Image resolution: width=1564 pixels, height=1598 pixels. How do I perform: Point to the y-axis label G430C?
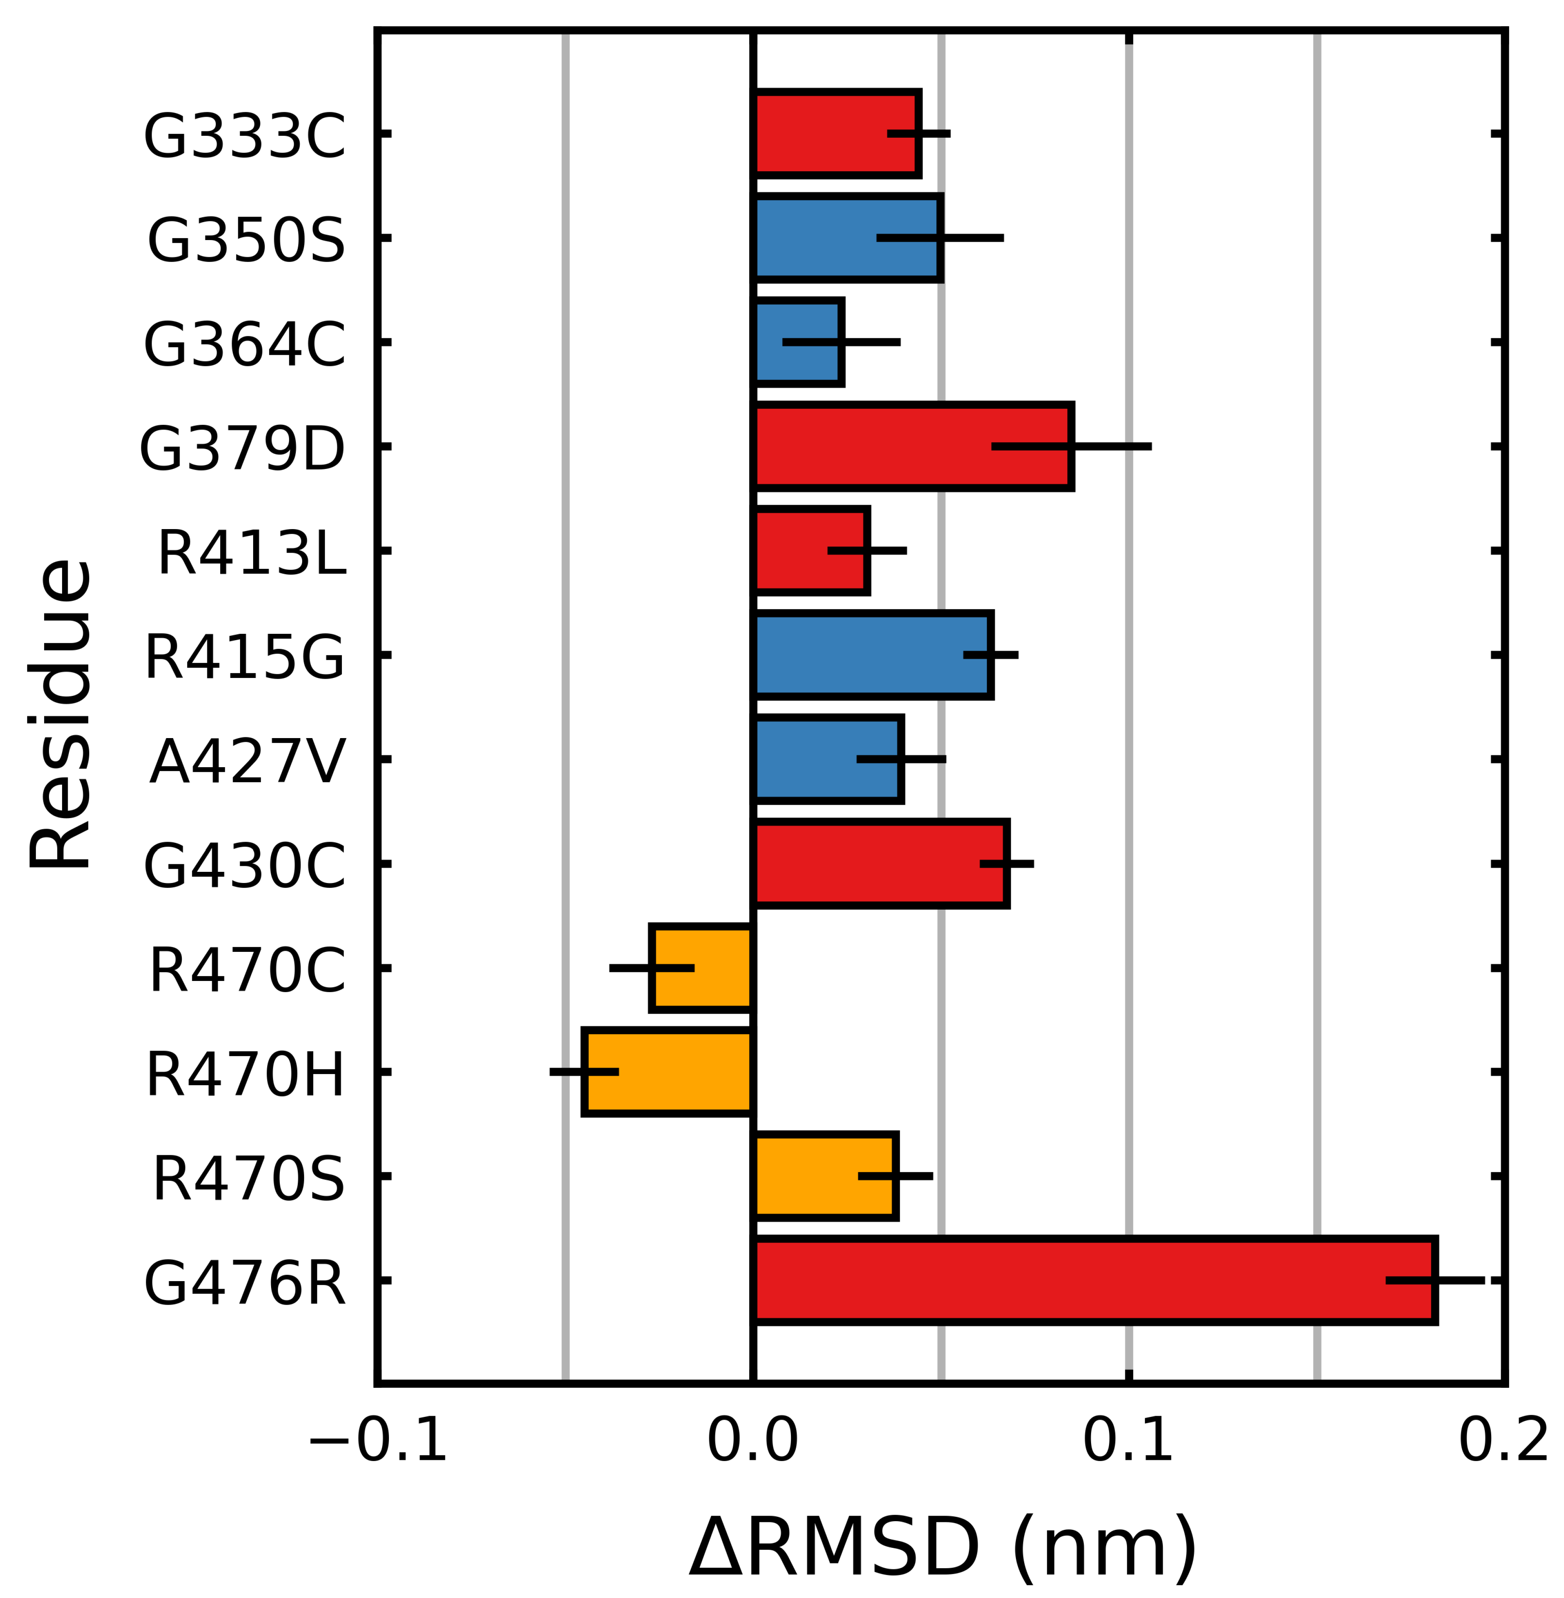point(244,867)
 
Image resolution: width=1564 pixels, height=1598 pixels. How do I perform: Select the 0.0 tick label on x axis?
point(752,1441)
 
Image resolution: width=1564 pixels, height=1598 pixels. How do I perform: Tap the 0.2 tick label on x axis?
point(1503,1441)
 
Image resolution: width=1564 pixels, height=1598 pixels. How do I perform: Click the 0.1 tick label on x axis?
point(1128,1441)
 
